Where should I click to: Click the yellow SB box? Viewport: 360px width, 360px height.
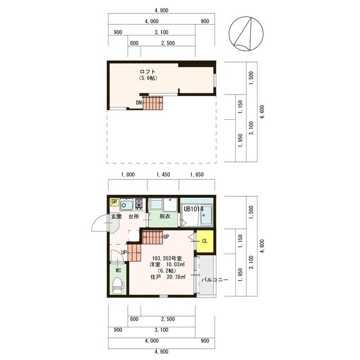[x=114, y=201]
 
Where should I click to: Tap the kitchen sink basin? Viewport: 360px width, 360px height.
[x=127, y=205]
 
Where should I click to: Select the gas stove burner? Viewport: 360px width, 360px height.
[x=139, y=204]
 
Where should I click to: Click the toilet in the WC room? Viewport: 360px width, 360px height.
[x=118, y=285]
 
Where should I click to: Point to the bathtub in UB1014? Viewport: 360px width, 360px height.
[x=207, y=216]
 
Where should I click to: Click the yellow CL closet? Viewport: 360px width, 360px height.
[x=205, y=241]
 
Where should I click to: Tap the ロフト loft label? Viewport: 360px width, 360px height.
[x=147, y=72]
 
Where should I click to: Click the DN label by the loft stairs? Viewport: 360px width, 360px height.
[x=138, y=102]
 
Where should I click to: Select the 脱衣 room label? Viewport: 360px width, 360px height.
[x=165, y=216]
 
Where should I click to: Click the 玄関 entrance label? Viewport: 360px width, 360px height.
[x=116, y=216]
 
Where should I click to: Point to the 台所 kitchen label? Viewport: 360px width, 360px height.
[x=134, y=216]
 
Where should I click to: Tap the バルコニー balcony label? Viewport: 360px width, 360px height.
[x=215, y=280]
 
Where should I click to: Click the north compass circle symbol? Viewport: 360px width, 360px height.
[x=246, y=34]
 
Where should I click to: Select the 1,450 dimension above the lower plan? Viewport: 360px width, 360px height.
[x=163, y=174]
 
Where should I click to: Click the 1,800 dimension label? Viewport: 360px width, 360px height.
[x=128, y=174]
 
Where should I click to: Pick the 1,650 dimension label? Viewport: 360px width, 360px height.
[x=197, y=174]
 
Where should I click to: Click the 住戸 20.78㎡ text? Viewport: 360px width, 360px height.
[x=168, y=277]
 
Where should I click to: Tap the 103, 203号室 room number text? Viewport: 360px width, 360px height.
[x=168, y=258]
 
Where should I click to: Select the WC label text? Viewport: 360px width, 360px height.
[x=118, y=271]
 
